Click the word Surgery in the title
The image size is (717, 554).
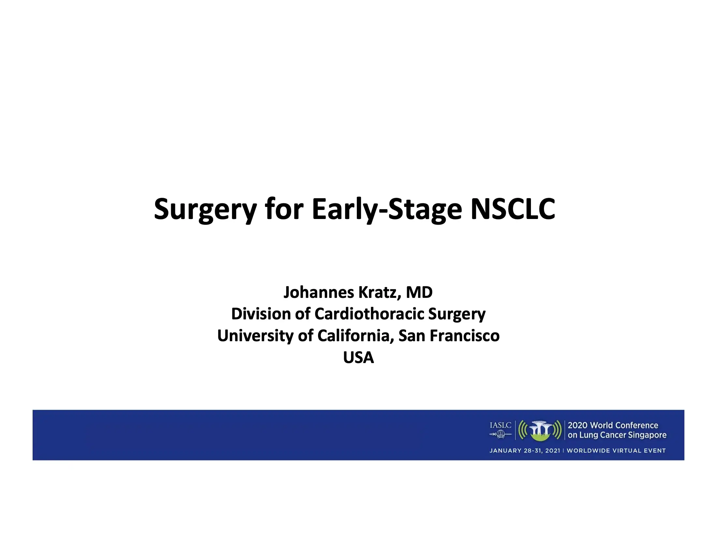point(206,210)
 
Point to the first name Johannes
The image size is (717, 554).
point(318,292)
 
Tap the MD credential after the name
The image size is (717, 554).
point(419,292)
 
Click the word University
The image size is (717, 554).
point(256,336)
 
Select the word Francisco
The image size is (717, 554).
point(464,336)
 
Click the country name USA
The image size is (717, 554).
point(358,357)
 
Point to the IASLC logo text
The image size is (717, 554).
point(500,425)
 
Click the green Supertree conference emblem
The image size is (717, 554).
point(540,430)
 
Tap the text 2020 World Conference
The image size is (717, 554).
point(613,425)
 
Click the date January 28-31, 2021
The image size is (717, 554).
point(525,451)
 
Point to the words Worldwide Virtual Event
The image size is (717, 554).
point(616,451)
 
